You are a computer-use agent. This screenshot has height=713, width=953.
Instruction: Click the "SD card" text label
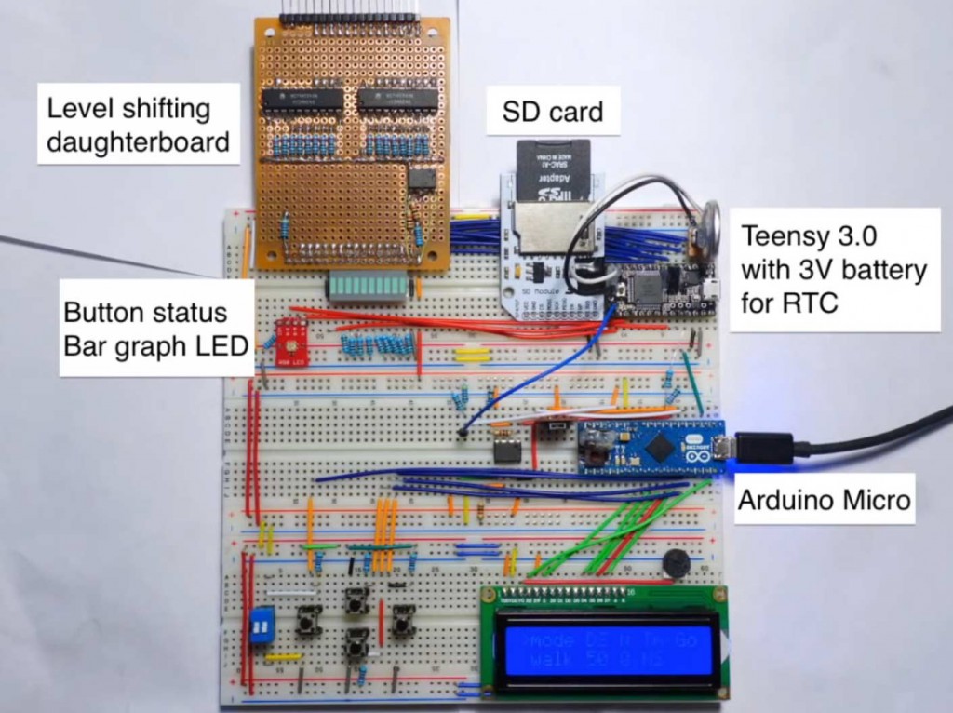pos(553,113)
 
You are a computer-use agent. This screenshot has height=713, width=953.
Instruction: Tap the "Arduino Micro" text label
pos(824,500)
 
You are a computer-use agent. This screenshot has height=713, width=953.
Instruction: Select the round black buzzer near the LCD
pos(676,564)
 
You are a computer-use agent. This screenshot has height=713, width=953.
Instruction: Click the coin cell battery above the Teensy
pos(712,221)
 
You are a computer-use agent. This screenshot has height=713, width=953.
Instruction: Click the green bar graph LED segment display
pos(367,289)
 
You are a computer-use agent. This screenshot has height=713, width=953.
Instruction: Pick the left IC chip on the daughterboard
pos(303,100)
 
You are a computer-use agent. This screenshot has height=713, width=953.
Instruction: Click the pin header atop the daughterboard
pos(349,19)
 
